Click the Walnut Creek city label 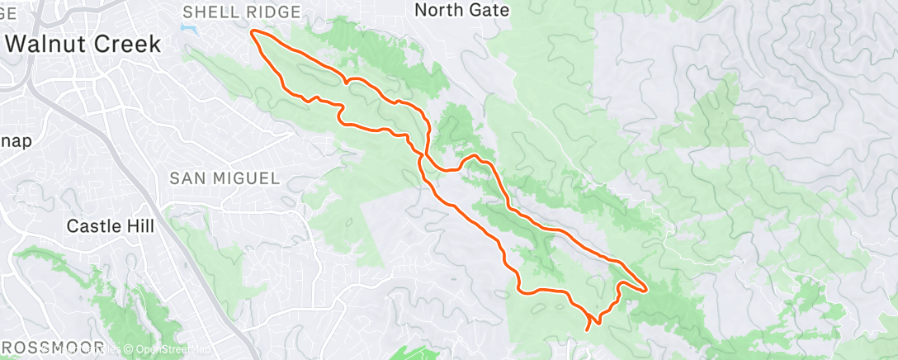pyautogui.click(x=83, y=44)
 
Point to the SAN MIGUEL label pyautogui.click(x=224, y=178)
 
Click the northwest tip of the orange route pyautogui.click(x=252, y=32)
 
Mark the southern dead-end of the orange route pyautogui.click(x=587, y=329)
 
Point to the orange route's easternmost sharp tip pyautogui.click(x=645, y=289)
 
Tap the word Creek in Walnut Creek pyautogui.click(x=123, y=44)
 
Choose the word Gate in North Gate pyautogui.click(x=491, y=10)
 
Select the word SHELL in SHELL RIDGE pyautogui.click(x=206, y=12)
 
